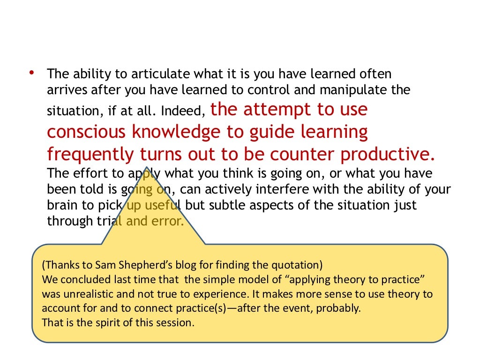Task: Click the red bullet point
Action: coord(31,72)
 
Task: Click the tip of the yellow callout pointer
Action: coord(147,168)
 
